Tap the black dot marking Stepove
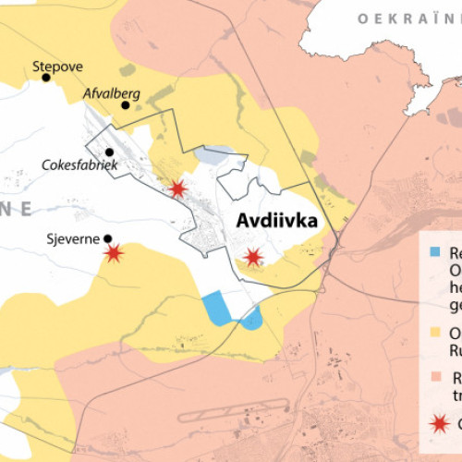click(45, 79)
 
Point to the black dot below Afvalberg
click(125, 105)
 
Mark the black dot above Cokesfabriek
click(109, 152)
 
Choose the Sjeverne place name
click(72, 238)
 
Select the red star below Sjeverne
click(114, 252)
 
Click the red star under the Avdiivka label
click(251, 257)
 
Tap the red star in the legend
click(437, 423)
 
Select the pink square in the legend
click(435, 378)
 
